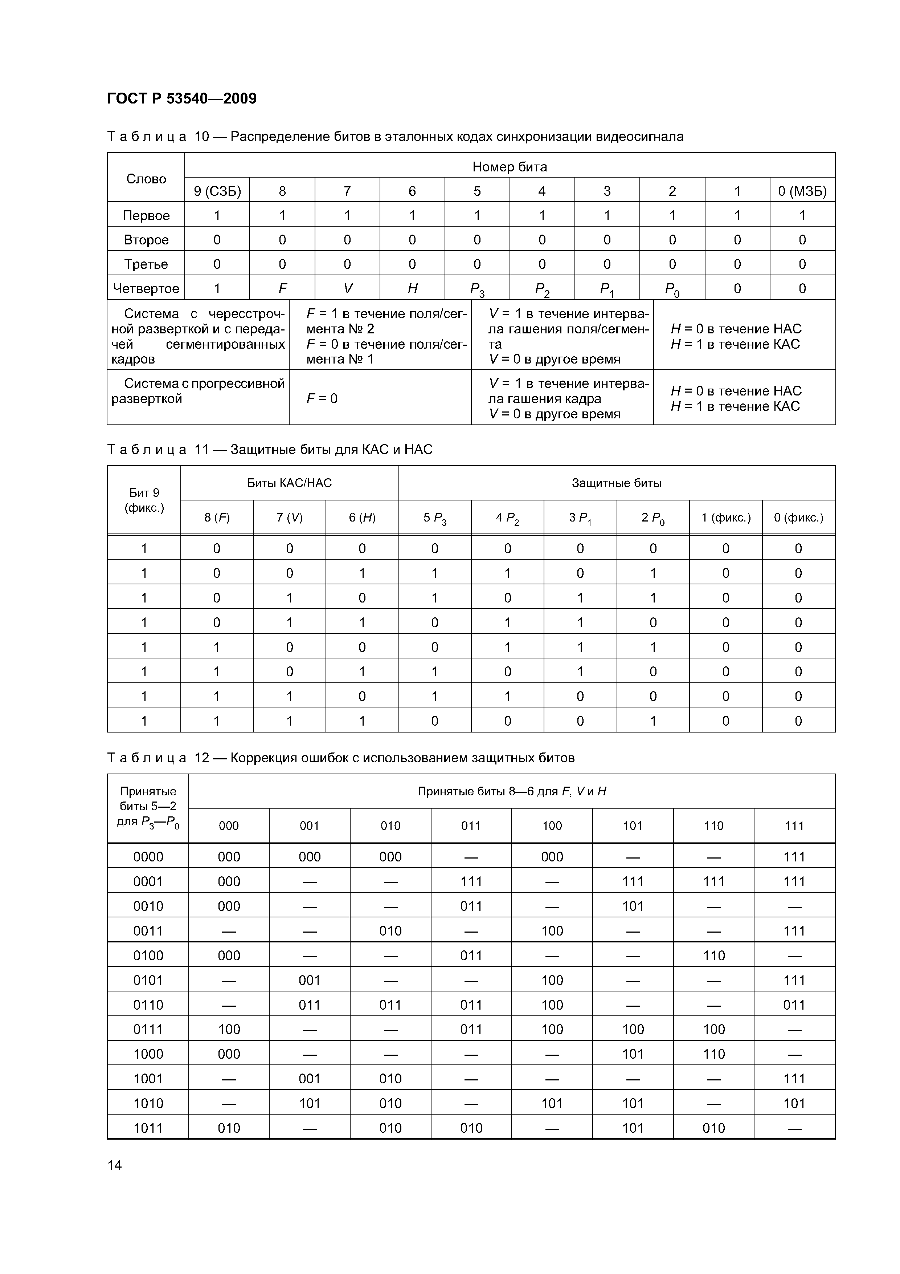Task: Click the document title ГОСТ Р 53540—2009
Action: pos(182,99)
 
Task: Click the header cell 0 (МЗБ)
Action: pos(802,191)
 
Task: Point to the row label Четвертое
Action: pos(146,288)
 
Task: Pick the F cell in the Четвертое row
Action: pos(282,288)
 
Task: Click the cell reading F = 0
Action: pos(322,398)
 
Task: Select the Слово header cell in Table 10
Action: pos(146,179)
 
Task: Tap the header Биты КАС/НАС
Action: pos(290,483)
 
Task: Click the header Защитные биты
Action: pos(617,483)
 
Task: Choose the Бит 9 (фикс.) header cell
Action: pos(144,500)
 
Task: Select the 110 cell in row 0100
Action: pos(714,956)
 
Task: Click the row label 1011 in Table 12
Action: pos(148,1128)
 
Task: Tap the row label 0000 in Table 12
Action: pos(148,857)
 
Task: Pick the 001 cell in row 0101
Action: pos(310,980)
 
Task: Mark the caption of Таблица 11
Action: pos(270,450)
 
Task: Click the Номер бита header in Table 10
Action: pos(510,166)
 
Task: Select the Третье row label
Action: pos(146,264)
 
